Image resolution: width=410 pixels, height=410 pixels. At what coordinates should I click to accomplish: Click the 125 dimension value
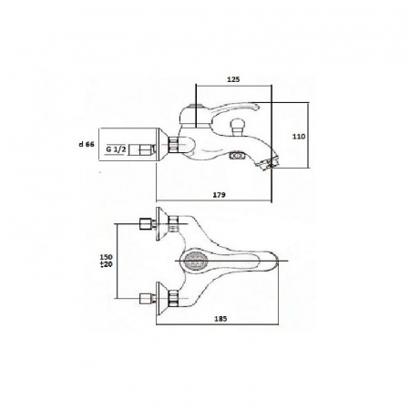pyautogui.click(x=233, y=79)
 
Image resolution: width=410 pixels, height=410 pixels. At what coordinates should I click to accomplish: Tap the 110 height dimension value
pyautogui.click(x=299, y=137)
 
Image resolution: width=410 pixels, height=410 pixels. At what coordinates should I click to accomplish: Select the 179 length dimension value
pyautogui.click(x=220, y=195)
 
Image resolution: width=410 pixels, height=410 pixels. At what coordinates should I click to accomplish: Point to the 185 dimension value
pyautogui.click(x=220, y=319)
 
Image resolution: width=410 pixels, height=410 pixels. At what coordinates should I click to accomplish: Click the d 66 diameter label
pyautogui.click(x=87, y=145)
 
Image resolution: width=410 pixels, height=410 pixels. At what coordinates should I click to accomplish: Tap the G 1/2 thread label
pyautogui.click(x=116, y=149)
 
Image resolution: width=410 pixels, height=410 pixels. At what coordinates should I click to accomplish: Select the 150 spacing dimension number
pyautogui.click(x=107, y=257)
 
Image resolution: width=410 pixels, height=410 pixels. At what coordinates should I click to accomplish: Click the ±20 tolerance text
pyautogui.click(x=107, y=264)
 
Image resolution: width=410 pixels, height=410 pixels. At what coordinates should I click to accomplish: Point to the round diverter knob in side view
pyautogui.click(x=238, y=125)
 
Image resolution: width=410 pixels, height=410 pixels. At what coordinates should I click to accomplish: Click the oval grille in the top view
pyautogui.click(x=196, y=261)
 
